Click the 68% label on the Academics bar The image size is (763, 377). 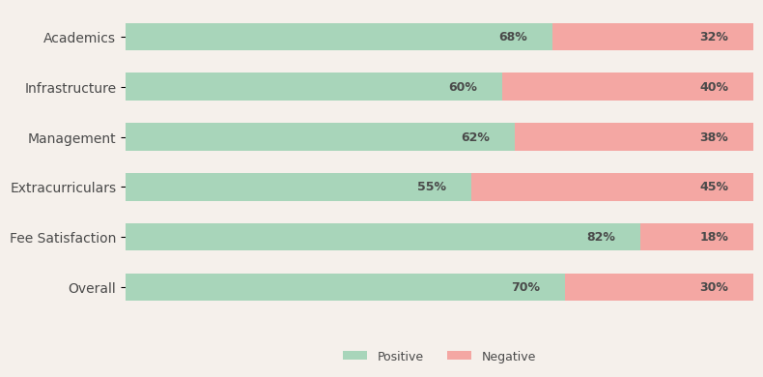click(513, 37)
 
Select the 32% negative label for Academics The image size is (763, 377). click(714, 37)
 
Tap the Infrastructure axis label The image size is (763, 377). click(71, 88)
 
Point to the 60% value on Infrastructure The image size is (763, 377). click(463, 87)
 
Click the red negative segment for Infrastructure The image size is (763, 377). click(628, 87)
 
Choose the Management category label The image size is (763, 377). click(71, 139)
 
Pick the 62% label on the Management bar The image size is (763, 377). click(475, 137)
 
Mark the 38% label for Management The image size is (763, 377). click(714, 137)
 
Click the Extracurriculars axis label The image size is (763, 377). click(63, 188)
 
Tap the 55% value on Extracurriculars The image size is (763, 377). click(432, 187)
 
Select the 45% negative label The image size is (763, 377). click(714, 187)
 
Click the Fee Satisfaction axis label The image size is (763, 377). click(63, 238)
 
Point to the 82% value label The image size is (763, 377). click(601, 237)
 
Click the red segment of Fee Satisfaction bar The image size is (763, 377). click(696, 237)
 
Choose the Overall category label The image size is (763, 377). click(92, 288)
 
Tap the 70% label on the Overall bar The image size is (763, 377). click(525, 287)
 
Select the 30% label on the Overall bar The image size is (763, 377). click(714, 287)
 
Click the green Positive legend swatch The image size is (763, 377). click(354, 356)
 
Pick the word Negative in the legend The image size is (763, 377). click(508, 357)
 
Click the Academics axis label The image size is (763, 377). click(79, 38)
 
